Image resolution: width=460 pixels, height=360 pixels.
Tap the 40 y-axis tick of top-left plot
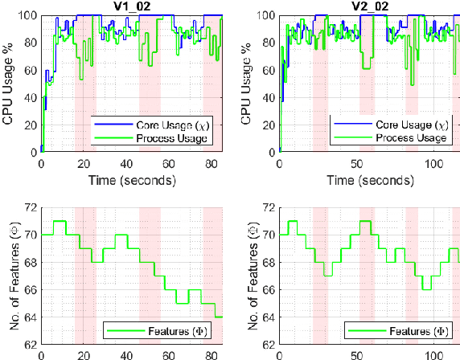click(x=28, y=97)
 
